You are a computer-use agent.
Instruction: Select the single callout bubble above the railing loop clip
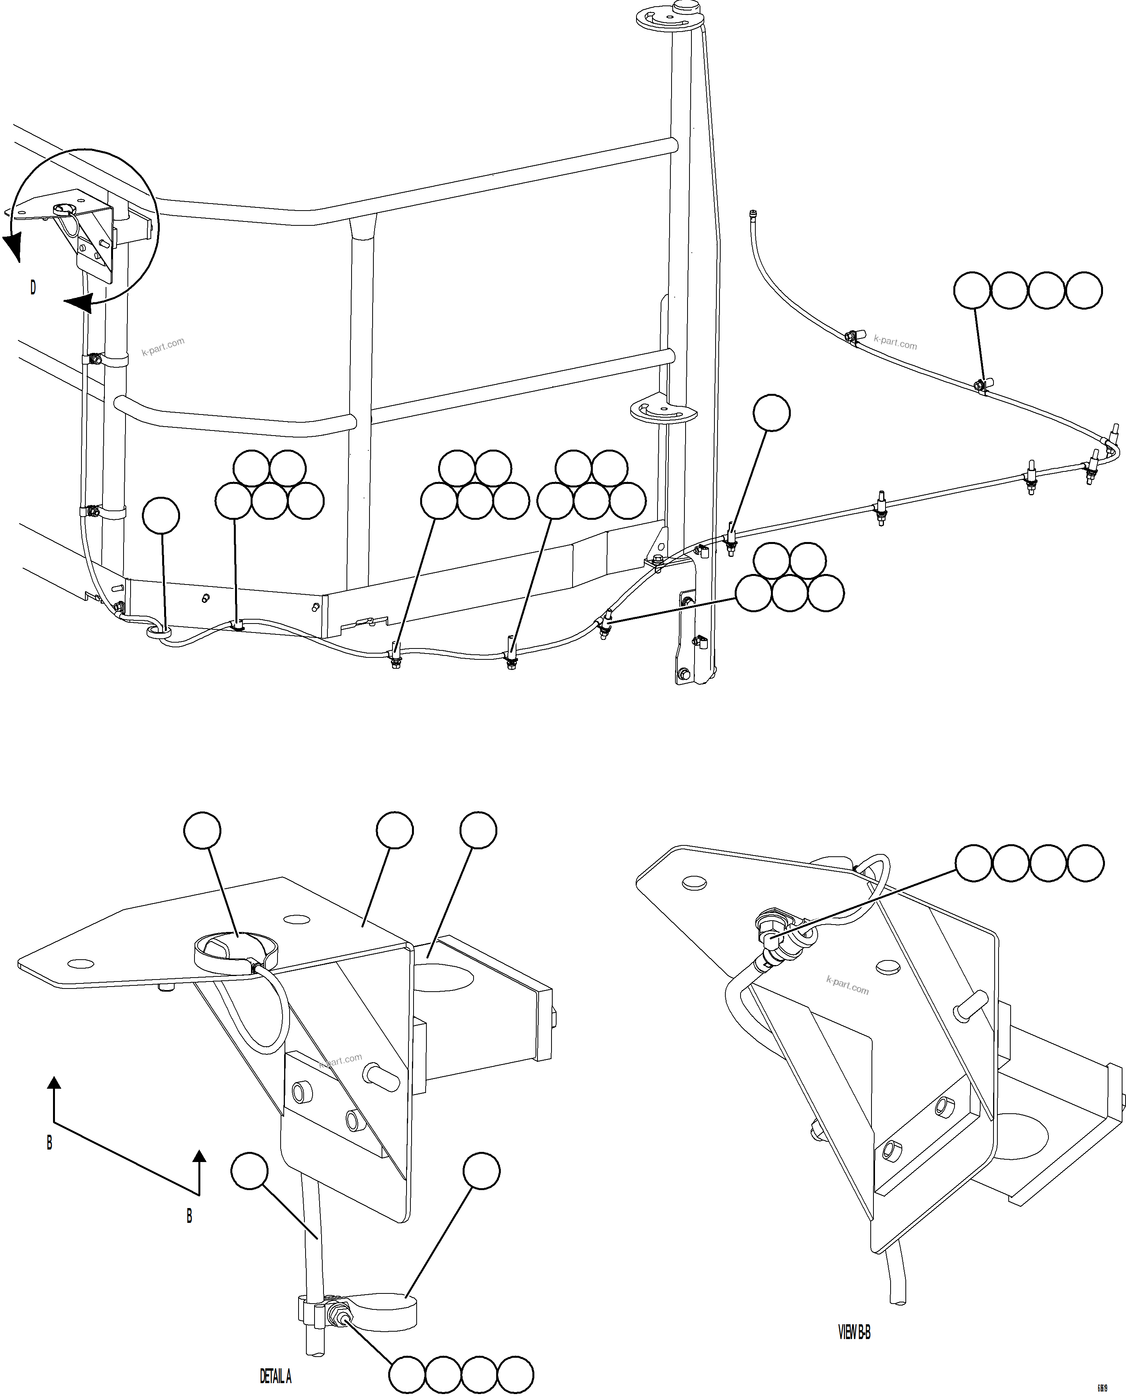[161, 516]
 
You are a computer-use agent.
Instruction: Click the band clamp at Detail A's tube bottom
[383, 1311]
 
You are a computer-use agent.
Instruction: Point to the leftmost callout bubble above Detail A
[202, 830]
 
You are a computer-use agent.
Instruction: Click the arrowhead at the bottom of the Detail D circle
[78, 303]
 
